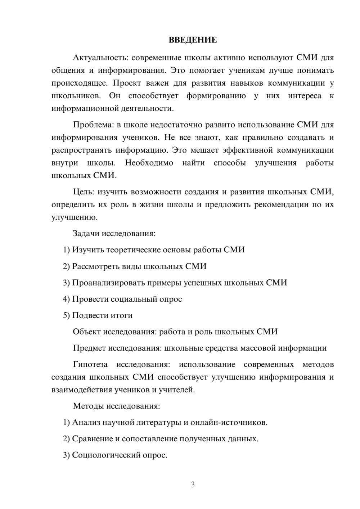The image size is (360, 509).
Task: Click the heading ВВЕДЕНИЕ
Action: pos(193,40)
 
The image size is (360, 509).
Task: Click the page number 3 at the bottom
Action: pos(193,485)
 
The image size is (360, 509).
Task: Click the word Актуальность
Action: pos(99,58)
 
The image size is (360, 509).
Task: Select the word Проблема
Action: pos(92,125)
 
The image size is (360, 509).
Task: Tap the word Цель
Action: pos(84,192)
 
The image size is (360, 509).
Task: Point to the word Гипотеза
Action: pos(90,364)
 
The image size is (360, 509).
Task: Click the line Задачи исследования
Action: pos(114,233)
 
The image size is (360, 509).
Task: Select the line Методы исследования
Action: pos(116,406)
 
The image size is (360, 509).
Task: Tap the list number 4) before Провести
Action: pos(66,299)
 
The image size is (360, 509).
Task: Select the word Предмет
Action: pos(89,348)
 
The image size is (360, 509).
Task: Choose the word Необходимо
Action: pos(149,163)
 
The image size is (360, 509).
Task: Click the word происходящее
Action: pos(79,83)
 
